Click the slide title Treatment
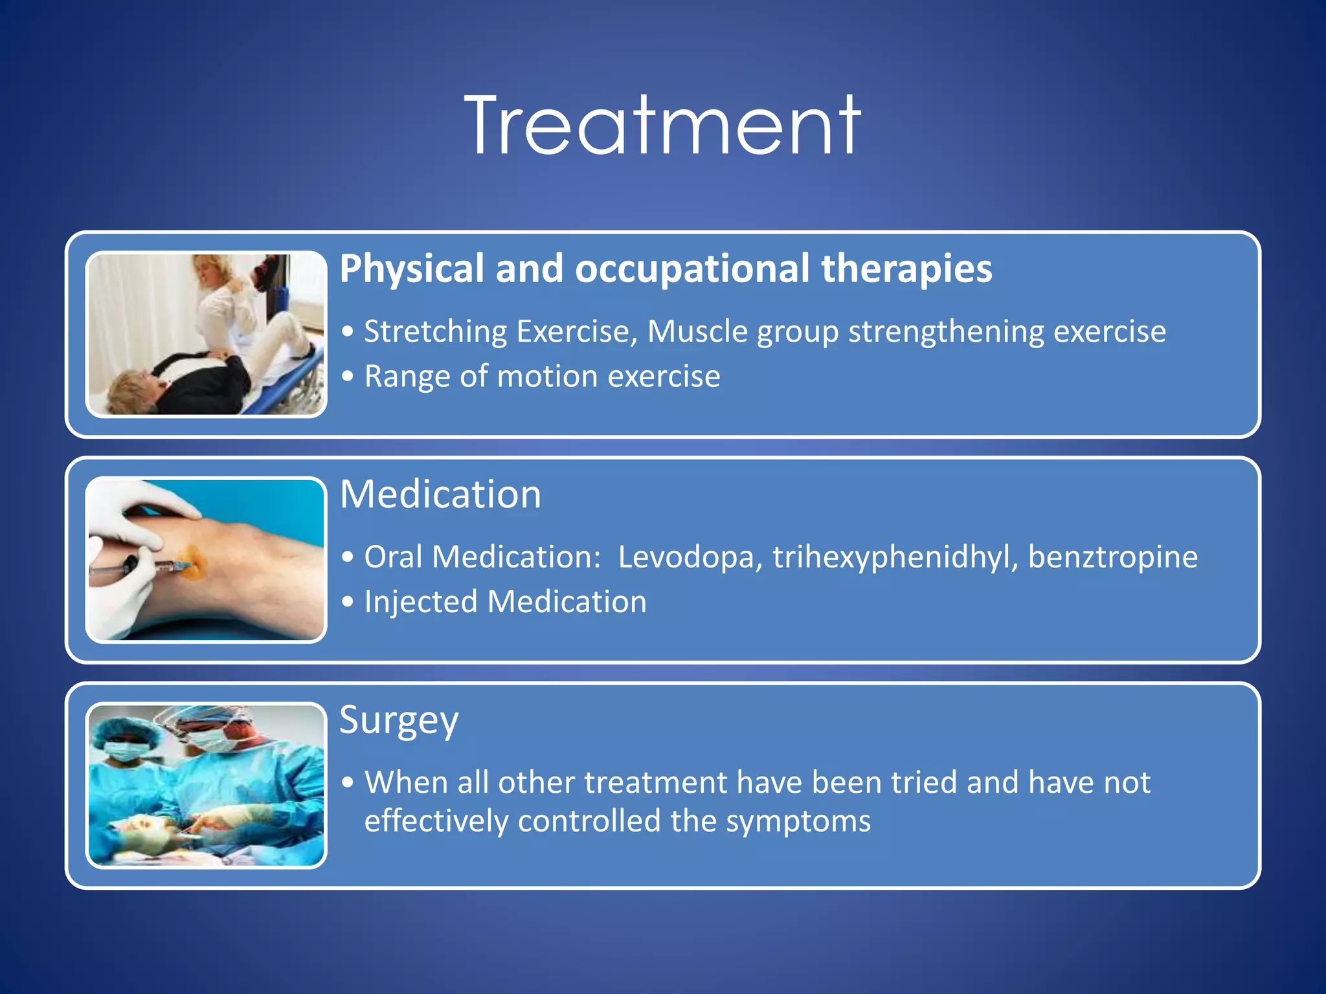point(662,126)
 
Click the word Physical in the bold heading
point(412,269)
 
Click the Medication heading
point(440,494)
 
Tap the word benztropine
point(1112,557)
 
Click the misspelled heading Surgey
point(399,720)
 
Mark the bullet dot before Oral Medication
point(348,557)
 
